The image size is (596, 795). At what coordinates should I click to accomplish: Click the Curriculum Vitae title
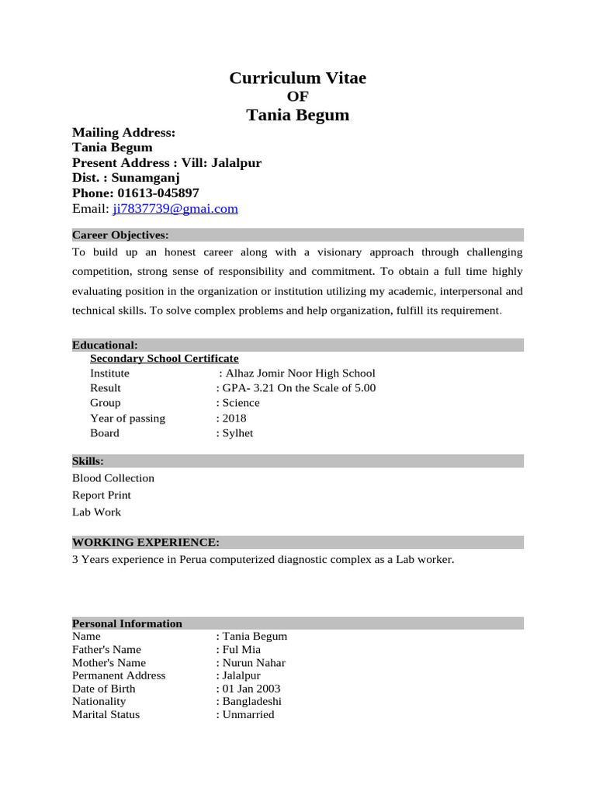pos(297,78)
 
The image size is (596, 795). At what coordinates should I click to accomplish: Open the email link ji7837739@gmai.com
pos(175,209)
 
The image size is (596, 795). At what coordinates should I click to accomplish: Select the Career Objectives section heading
pos(120,235)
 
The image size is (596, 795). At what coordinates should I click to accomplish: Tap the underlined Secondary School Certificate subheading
pos(165,358)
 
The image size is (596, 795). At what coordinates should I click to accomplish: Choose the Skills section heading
pos(88,461)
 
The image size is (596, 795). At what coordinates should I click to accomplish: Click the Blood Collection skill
pos(113,478)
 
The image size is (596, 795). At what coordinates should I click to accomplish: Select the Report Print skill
pos(102,495)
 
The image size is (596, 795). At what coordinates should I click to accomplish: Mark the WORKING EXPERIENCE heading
pos(145,542)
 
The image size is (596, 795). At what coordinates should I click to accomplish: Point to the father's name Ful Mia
pos(241,649)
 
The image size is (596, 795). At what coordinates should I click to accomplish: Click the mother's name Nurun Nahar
pos(254,663)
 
